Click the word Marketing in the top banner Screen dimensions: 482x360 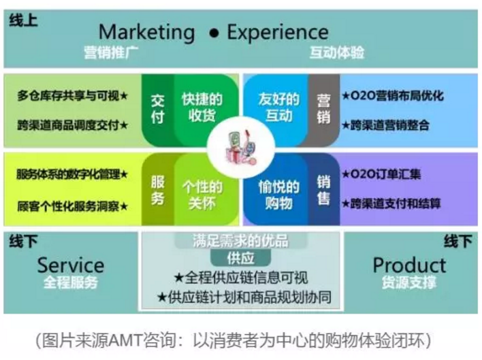click(x=146, y=33)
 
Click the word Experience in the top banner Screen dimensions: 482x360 click(x=278, y=33)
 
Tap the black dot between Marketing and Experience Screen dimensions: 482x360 click(x=214, y=33)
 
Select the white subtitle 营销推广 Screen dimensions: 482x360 click(x=111, y=52)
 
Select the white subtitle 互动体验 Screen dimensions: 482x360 click(x=336, y=52)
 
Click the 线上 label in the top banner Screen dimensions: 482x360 click(x=23, y=20)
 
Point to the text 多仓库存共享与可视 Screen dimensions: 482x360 click(x=68, y=96)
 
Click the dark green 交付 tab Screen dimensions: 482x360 click(x=157, y=109)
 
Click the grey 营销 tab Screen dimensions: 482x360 click(x=323, y=109)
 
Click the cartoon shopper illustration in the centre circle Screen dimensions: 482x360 click(x=241, y=148)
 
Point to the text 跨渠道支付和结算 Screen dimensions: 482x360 click(x=396, y=203)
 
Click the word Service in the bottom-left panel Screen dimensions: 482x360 click(x=71, y=265)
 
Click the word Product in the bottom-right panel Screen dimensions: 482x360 click(x=409, y=265)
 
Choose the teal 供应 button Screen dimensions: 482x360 click(x=240, y=258)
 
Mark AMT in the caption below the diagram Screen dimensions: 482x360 click(x=125, y=340)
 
